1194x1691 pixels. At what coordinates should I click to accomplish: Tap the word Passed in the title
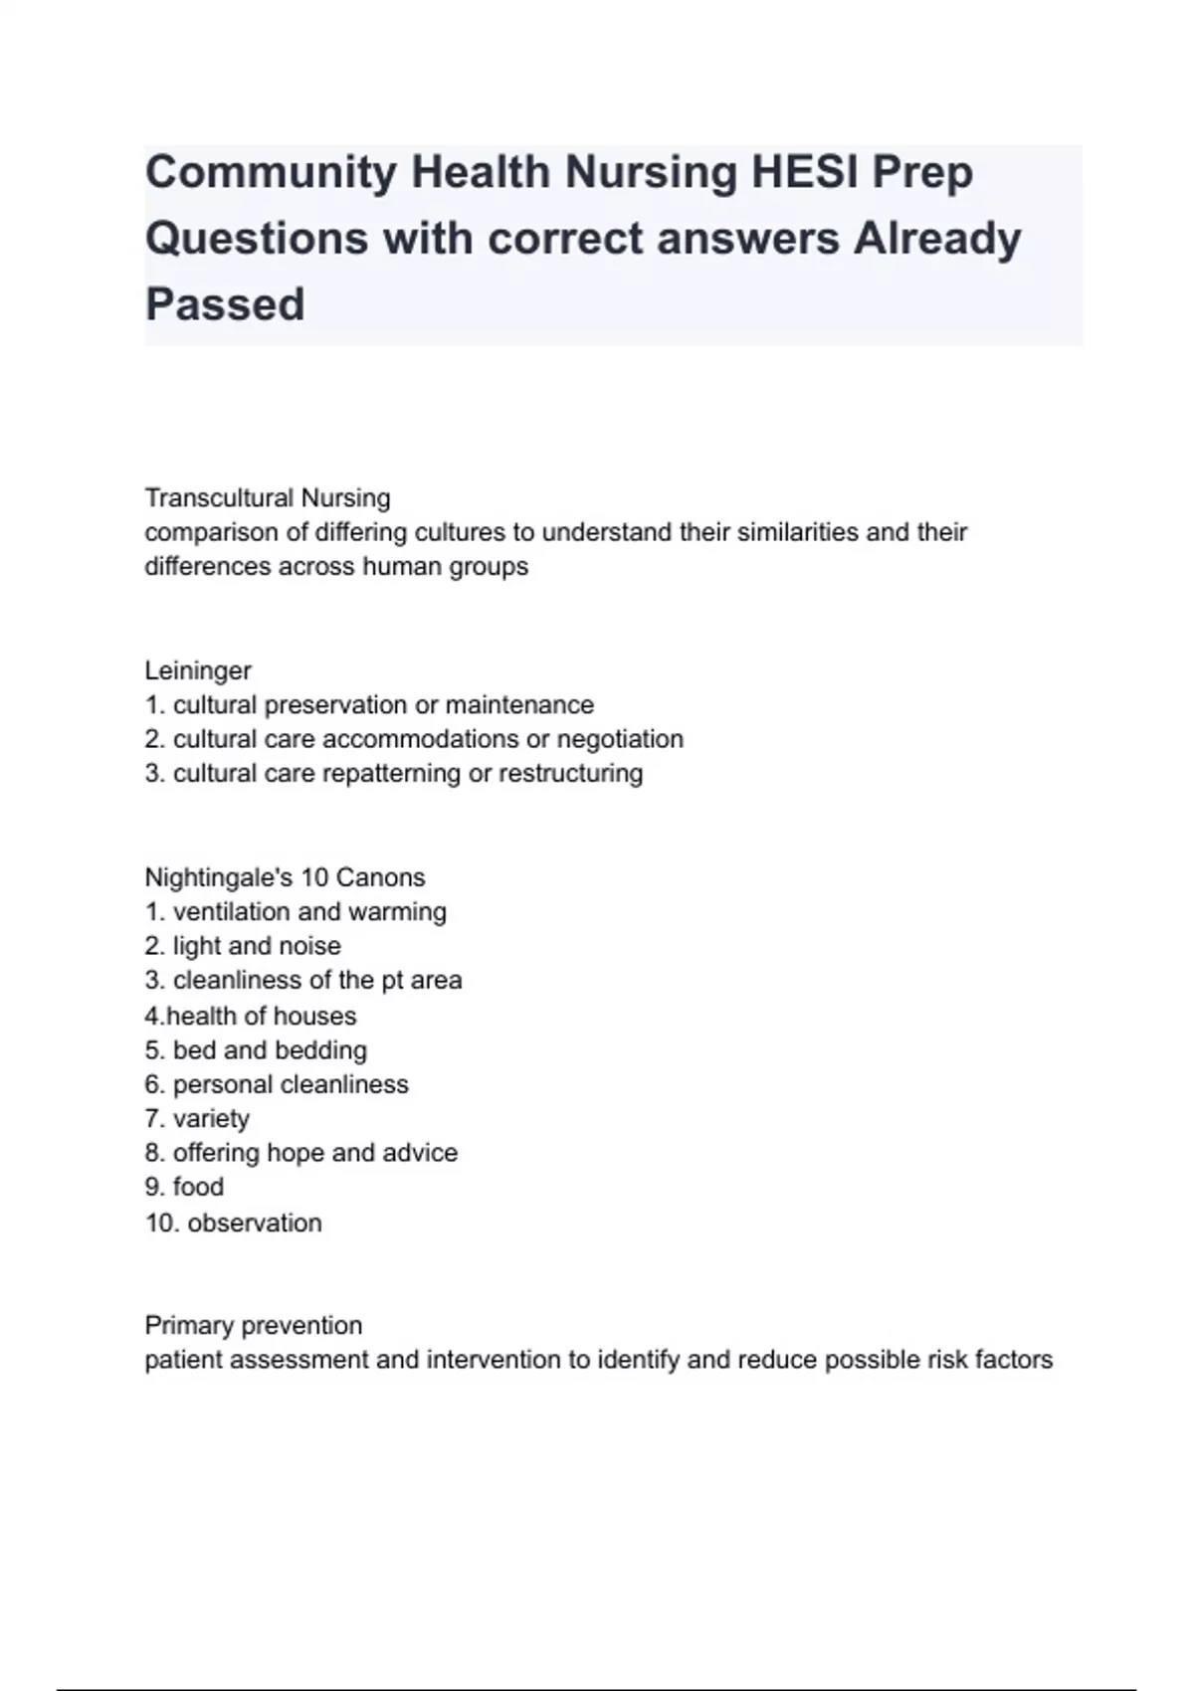tap(225, 304)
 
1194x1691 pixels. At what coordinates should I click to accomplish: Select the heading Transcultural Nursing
tap(268, 497)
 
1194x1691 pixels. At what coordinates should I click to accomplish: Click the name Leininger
tap(198, 670)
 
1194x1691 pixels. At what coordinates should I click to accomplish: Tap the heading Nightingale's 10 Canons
tap(285, 877)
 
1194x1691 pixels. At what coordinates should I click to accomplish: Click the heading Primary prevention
tap(254, 1325)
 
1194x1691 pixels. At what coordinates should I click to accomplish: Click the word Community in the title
tap(271, 173)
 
